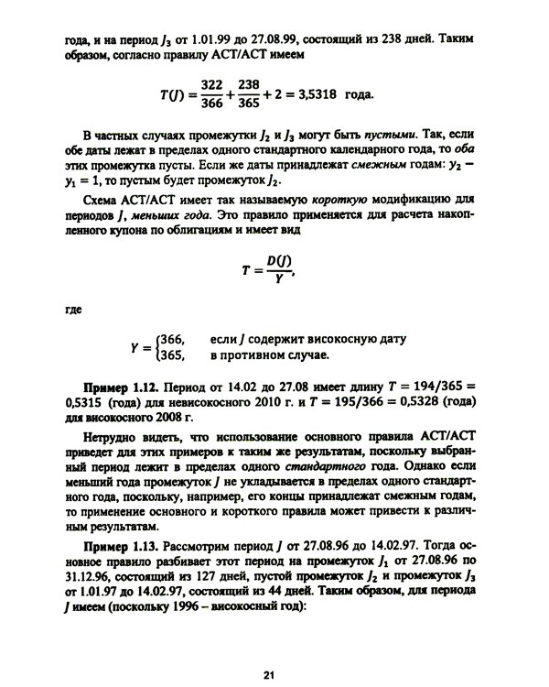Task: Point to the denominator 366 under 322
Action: tap(212, 104)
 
